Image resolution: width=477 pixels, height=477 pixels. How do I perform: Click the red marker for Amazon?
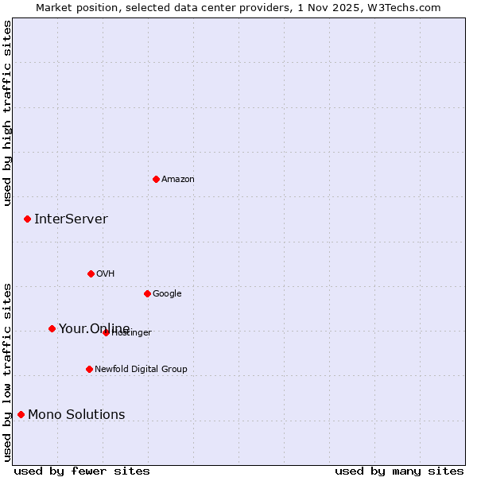pyautogui.click(x=156, y=179)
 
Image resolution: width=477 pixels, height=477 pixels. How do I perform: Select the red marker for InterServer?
pyautogui.click(x=27, y=219)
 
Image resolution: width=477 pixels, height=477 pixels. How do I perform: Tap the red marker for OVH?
pyautogui.click(x=91, y=273)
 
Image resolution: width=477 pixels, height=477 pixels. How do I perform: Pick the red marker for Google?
pyautogui.click(x=147, y=293)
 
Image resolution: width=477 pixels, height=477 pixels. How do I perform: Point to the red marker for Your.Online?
pyautogui.click(x=52, y=328)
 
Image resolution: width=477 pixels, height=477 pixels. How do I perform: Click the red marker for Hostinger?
pyautogui.click(x=106, y=332)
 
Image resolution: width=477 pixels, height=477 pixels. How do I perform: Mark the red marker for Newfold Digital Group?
pyautogui.click(x=89, y=369)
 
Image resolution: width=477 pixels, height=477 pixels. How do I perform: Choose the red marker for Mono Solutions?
pyautogui.click(x=21, y=414)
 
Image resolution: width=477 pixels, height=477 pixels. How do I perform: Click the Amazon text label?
pyautogui.click(x=178, y=179)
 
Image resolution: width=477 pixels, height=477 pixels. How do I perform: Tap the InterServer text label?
pyautogui.click(x=71, y=219)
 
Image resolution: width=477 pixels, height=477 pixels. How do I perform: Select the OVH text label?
pyautogui.click(x=106, y=273)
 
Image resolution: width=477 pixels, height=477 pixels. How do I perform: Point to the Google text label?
pyautogui.click(x=167, y=293)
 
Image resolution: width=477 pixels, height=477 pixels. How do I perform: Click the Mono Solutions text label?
pyautogui.click(x=76, y=414)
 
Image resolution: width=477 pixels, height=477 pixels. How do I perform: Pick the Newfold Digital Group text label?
pyautogui.click(x=141, y=369)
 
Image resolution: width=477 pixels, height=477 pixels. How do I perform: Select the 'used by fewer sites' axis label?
pyautogui.click(x=82, y=471)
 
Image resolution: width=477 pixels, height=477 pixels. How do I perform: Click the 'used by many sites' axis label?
pyautogui.click(x=399, y=471)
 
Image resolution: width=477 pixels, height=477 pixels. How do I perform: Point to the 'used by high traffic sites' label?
pyautogui.click(x=7, y=113)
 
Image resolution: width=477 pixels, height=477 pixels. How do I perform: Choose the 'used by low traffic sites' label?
pyautogui.click(x=7, y=371)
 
